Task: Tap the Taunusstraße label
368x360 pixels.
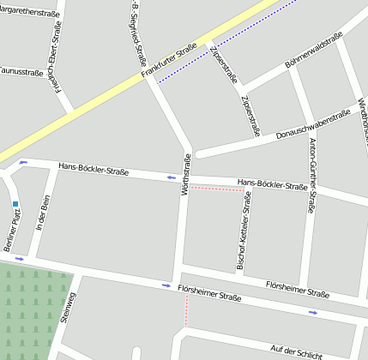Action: [19, 72]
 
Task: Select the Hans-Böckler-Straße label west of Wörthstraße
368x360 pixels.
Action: [94, 171]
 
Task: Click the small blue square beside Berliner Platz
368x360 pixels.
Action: [15, 204]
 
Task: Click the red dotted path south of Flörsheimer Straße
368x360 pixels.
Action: [186, 313]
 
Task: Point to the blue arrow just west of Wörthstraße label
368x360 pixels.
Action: [171, 177]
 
